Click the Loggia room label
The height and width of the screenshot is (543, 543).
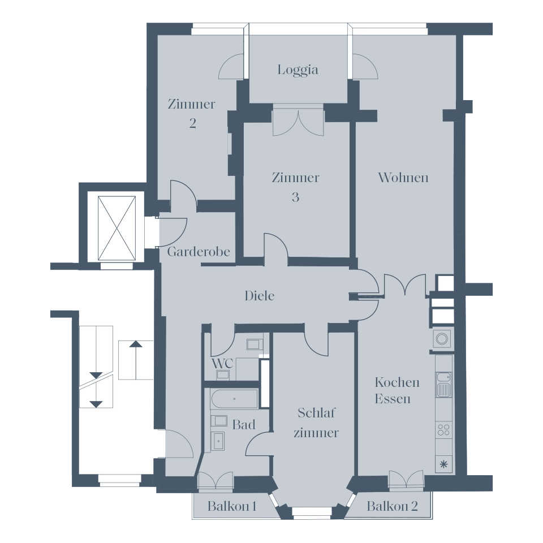298,70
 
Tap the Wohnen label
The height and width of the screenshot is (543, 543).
403,177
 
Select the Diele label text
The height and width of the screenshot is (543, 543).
260,296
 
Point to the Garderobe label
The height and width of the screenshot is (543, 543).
199,251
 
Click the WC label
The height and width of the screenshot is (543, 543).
222,364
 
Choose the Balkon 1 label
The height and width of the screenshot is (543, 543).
232,506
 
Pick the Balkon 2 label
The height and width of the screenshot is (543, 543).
392,506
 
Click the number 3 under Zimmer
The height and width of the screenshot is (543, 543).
295,197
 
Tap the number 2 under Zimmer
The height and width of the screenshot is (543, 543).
192,123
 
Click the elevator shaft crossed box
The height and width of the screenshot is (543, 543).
117,228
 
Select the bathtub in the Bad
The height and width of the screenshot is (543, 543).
234,399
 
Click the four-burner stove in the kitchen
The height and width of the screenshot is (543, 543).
443,430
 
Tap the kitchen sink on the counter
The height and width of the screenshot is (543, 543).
443,385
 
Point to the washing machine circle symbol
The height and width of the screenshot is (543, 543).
442,339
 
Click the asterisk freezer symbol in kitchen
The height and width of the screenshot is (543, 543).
443,464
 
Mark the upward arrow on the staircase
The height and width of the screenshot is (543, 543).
136,360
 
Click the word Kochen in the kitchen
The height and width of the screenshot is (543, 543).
397,382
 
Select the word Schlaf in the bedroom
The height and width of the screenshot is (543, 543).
317,413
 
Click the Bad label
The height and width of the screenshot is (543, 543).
244,425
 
